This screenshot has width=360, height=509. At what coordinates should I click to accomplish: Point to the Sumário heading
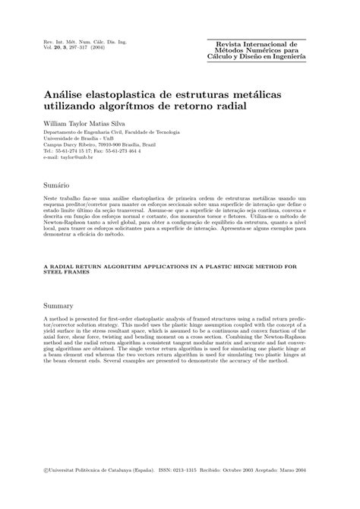pyautogui.click(x=58, y=185)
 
